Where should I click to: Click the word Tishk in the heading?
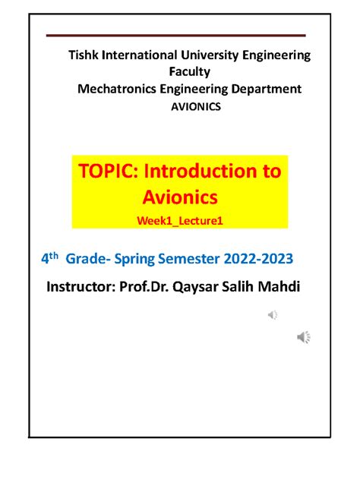point(84,55)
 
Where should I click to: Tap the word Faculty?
point(190,72)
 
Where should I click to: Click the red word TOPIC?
point(109,172)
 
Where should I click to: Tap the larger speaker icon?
point(303,337)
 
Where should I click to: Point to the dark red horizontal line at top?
point(175,35)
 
